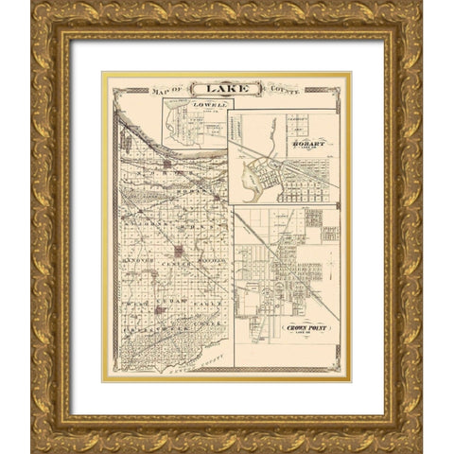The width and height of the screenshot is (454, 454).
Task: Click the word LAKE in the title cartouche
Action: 221,90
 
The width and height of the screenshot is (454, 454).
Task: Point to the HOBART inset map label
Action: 307,144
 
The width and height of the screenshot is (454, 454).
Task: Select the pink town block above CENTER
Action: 178,251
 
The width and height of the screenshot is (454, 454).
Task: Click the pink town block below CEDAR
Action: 161,308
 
